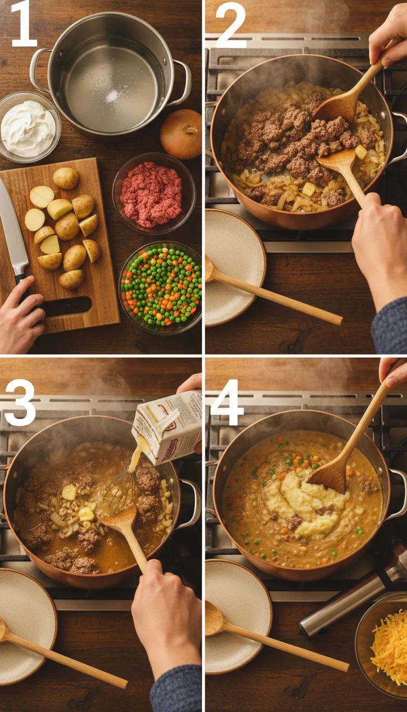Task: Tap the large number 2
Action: click(x=231, y=24)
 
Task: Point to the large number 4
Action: click(x=227, y=402)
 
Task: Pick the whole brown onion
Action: click(x=181, y=133)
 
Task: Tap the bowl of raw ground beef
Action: click(x=153, y=193)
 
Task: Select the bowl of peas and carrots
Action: click(x=161, y=286)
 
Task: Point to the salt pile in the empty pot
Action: click(x=112, y=96)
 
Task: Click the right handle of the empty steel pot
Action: click(x=183, y=82)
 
